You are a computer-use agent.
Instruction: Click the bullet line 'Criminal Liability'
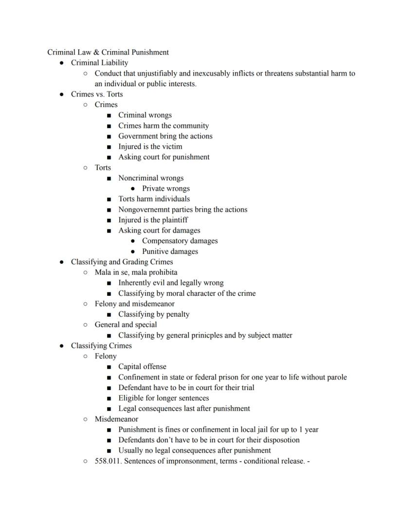coord(99,63)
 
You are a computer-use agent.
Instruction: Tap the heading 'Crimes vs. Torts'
coord(97,94)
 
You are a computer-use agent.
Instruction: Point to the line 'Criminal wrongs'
coord(145,115)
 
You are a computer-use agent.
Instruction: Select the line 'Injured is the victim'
coord(150,146)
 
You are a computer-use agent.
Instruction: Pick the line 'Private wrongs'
coord(165,189)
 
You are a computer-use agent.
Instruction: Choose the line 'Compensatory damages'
coord(180,241)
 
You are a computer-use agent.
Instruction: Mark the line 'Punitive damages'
coord(170,252)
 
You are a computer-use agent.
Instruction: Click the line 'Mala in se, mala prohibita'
coord(136,272)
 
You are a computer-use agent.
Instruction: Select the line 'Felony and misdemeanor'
coord(134,304)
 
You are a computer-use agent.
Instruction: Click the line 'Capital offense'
coord(142,367)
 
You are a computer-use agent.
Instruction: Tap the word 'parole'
coord(336,377)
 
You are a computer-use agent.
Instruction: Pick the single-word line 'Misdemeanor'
coord(116,419)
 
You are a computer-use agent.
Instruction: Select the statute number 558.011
coord(106,461)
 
